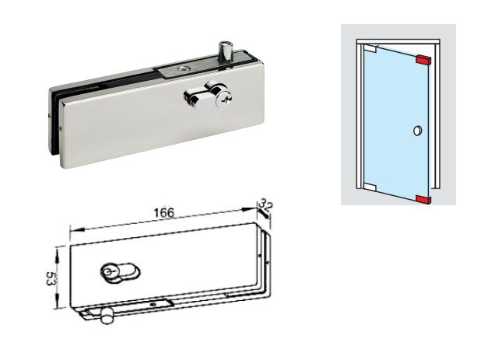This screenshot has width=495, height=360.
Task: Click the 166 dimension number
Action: [161, 212]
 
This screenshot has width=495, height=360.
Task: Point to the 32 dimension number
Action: [266, 205]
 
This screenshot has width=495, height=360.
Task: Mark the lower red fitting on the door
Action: [424, 199]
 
